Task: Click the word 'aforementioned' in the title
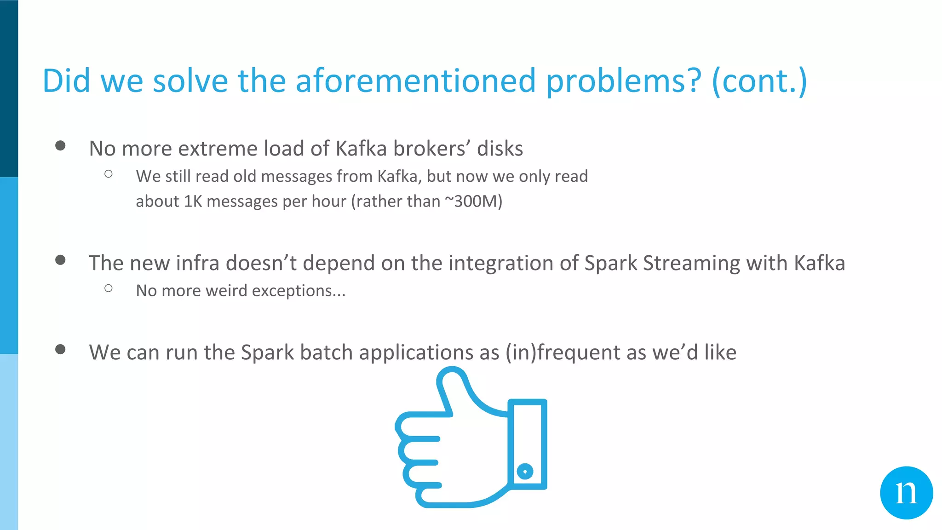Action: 415,81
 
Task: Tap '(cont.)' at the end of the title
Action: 759,81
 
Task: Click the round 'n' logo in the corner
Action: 906,493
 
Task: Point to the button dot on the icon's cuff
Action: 525,471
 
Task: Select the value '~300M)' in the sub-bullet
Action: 473,202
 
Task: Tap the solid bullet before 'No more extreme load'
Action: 60,146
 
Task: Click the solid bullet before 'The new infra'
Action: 60,260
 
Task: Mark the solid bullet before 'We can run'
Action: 60,349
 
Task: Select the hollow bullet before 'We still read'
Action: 109,174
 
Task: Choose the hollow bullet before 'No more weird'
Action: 109,288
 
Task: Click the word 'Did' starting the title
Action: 66,81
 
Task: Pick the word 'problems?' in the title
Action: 624,81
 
